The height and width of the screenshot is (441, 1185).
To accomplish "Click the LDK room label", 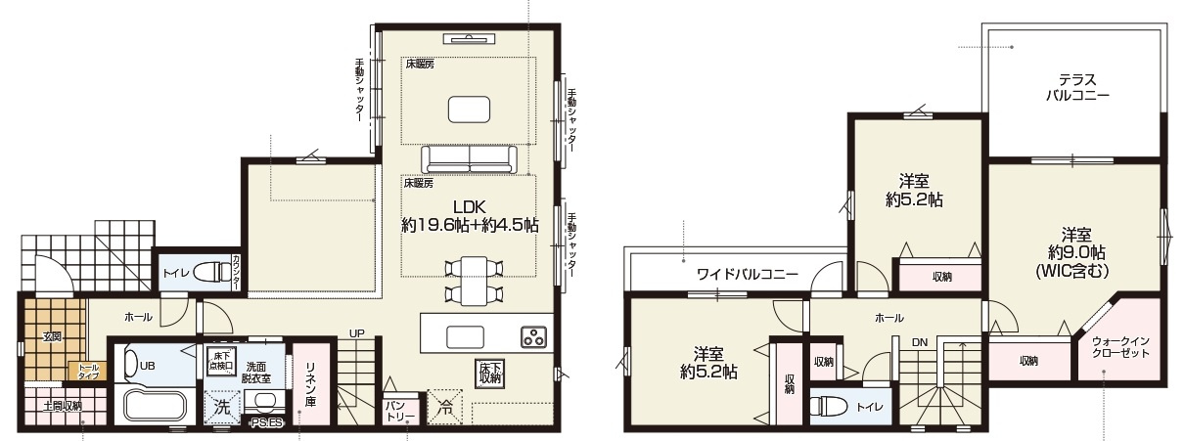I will tap(469, 205).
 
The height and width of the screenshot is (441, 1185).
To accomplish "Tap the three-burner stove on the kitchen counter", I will tap(534, 338).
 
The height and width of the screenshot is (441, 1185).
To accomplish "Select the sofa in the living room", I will tap(469, 158).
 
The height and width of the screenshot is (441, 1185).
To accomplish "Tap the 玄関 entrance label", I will tap(52, 337).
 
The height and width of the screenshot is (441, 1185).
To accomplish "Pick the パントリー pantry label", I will tap(399, 411).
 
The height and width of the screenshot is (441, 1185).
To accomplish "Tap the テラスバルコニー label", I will tap(1075, 88).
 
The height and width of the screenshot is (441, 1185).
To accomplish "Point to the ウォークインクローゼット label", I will tap(1120, 346).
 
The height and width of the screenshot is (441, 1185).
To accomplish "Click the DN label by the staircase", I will tap(919, 342).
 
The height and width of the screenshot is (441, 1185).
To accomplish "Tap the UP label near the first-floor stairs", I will tap(357, 333).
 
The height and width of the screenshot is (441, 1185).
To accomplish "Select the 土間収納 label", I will tap(62, 404).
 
